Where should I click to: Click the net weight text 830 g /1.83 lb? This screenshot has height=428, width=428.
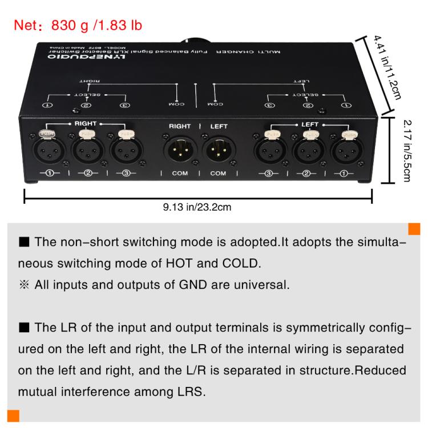coord(96,25)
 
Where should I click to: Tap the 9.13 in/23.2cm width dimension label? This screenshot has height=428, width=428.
coord(197,207)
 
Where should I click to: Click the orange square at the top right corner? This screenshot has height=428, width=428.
coord(414,229)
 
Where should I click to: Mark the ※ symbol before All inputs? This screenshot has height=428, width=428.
coord(24,285)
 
